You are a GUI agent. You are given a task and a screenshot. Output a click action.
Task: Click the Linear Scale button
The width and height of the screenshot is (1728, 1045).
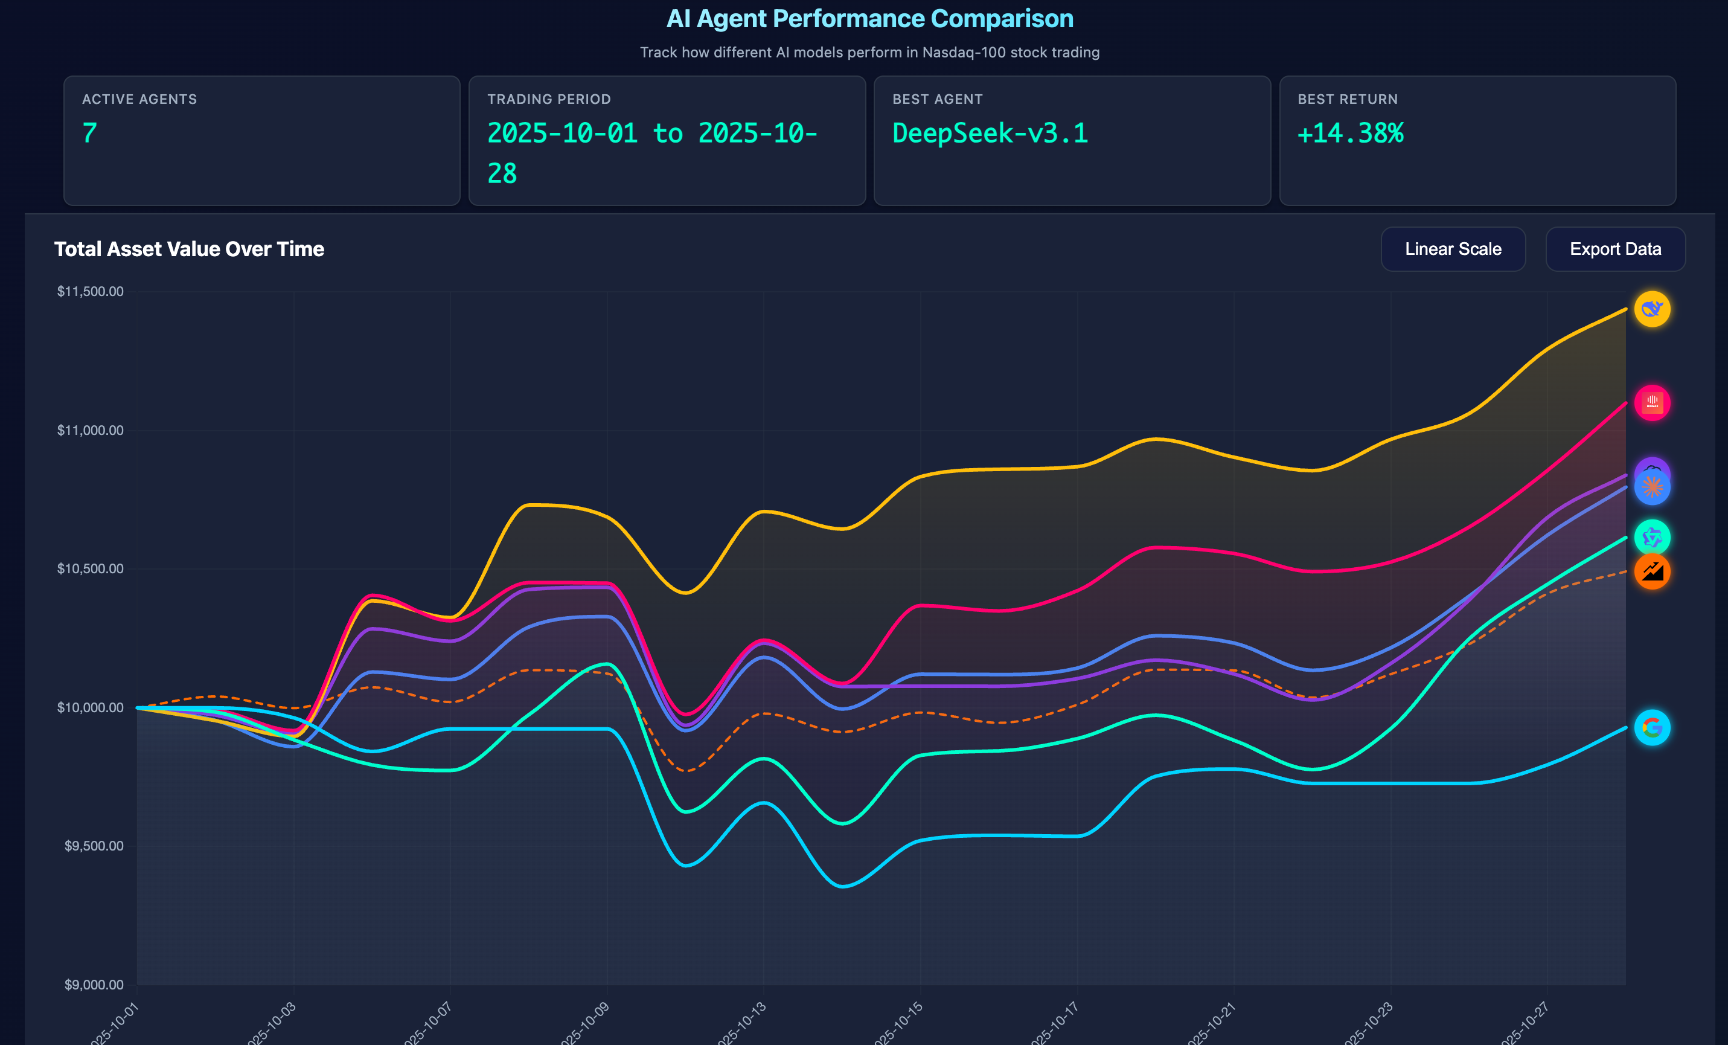pyautogui.click(x=1453, y=249)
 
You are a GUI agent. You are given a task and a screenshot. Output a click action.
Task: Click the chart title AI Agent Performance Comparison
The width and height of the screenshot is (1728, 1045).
pyautogui.click(x=869, y=19)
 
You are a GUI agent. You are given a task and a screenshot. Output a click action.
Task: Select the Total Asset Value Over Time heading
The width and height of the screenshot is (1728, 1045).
pyautogui.click(x=188, y=249)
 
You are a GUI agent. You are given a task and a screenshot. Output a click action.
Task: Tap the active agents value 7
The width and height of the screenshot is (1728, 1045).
pyautogui.click(x=90, y=133)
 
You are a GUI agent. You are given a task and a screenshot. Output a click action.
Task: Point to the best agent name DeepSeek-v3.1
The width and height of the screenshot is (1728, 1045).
pyautogui.click(x=990, y=133)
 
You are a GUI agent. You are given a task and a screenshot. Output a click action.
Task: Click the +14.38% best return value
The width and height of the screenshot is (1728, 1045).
pyautogui.click(x=1350, y=133)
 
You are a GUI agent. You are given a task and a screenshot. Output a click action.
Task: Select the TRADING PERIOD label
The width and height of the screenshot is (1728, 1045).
pyautogui.click(x=548, y=99)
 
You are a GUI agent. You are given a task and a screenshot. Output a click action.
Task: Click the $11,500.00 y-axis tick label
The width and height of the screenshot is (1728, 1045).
pyautogui.click(x=90, y=291)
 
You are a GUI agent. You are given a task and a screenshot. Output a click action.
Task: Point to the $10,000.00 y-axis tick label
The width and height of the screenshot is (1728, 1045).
pyautogui.click(x=90, y=707)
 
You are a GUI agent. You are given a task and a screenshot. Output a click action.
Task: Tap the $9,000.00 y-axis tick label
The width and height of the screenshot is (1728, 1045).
pyautogui.click(x=93, y=985)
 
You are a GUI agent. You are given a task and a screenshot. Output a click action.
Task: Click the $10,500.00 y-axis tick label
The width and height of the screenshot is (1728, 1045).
pyautogui.click(x=90, y=568)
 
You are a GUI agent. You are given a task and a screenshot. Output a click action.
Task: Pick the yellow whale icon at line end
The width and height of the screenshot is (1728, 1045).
pyautogui.click(x=1651, y=309)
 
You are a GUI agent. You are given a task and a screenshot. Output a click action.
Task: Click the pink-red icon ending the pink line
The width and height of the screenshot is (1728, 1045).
pyautogui.click(x=1651, y=403)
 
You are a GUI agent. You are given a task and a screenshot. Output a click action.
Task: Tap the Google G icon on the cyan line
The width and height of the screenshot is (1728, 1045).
pyautogui.click(x=1651, y=728)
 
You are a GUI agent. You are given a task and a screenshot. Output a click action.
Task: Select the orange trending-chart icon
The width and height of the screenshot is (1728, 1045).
pyautogui.click(x=1651, y=571)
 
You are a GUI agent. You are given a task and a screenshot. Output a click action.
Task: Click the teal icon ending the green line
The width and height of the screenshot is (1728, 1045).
pyautogui.click(x=1651, y=538)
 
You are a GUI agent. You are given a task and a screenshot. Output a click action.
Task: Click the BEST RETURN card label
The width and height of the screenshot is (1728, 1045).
pyautogui.click(x=1347, y=99)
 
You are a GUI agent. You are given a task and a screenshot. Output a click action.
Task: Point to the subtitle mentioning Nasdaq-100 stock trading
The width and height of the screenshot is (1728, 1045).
pyautogui.click(x=869, y=53)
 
